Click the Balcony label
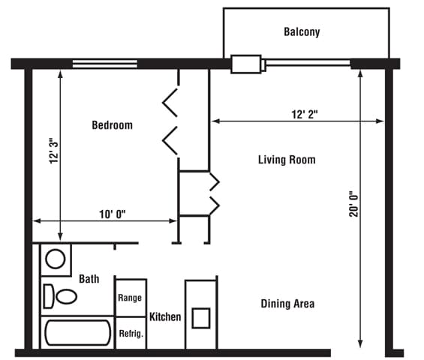pyautogui.click(x=302, y=32)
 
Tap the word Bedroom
pyautogui.click(x=113, y=125)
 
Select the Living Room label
pyautogui.click(x=287, y=160)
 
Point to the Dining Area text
pyautogui.click(x=287, y=304)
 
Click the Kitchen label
pyautogui.click(x=165, y=316)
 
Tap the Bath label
pyautogui.click(x=89, y=279)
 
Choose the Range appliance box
pyautogui.click(x=131, y=298)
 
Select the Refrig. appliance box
pyautogui.click(x=131, y=333)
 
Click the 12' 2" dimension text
pyautogui.click(x=305, y=114)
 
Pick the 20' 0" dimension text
pyautogui.click(x=353, y=204)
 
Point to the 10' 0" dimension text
pyautogui.click(x=113, y=214)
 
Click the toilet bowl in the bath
pyautogui.click(x=66, y=296)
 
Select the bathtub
pyautogui.click(x=77, y=333)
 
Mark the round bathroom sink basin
pyautogui.click(x=56, y=259)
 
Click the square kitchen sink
pyautogui.click(x=201, y=318)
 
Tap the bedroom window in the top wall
pyautogui.click(x=104, y=64)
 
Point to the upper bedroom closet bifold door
pyautogui.click(x=170, y=103)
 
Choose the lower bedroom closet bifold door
pyautogui.click(x=170, y=140)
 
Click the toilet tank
pyautogui.click(x=48, y=296)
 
